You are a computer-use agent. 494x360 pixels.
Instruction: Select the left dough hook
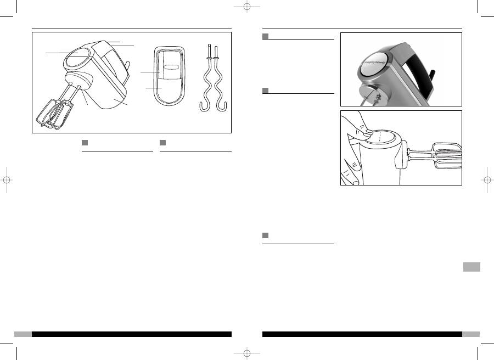207,82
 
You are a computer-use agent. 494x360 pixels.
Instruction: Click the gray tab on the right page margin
471,267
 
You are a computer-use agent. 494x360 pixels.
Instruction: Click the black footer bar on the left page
132,334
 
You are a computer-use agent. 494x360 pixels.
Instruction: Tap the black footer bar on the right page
362,334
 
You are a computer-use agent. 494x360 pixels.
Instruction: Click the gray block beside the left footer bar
23,334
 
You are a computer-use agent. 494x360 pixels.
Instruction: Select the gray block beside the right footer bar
471,334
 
